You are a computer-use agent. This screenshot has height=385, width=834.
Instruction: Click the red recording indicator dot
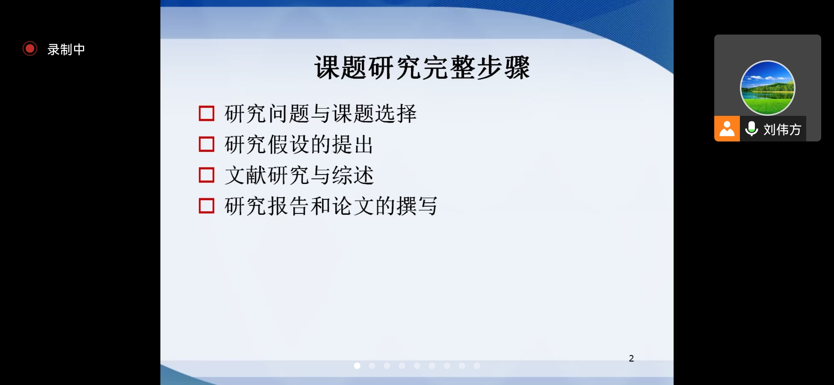30,48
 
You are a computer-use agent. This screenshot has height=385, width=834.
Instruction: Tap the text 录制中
66,49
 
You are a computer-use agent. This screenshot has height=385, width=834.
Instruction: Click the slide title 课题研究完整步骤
422,67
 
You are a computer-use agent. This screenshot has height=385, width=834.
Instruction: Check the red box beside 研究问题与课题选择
206,113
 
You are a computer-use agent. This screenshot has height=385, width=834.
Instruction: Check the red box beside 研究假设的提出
206,144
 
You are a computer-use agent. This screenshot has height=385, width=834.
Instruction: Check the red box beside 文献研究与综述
206,175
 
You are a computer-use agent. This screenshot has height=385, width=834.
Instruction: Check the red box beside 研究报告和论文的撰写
206,206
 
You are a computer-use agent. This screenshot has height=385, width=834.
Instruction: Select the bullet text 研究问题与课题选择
320,114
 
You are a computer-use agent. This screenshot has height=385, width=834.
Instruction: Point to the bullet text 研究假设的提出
299,144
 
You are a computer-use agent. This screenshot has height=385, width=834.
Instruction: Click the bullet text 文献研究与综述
299,175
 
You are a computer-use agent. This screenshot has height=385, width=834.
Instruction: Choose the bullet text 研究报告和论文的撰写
331,206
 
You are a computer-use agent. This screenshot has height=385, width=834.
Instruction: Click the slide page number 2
631,358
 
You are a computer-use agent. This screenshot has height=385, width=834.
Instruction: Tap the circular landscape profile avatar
768,88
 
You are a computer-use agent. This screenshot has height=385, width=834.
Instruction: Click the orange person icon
727,129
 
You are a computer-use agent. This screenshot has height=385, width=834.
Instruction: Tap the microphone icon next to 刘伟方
752,129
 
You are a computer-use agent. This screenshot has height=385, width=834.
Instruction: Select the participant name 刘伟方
782,129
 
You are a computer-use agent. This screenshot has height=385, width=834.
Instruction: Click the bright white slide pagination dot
357,366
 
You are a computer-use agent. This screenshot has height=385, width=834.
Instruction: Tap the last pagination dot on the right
477,366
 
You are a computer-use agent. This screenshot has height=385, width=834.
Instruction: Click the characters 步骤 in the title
503,67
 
